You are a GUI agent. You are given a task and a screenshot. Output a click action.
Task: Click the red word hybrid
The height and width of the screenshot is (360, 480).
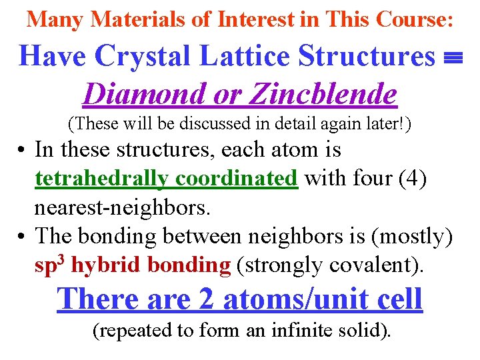click(x=105, y=265)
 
